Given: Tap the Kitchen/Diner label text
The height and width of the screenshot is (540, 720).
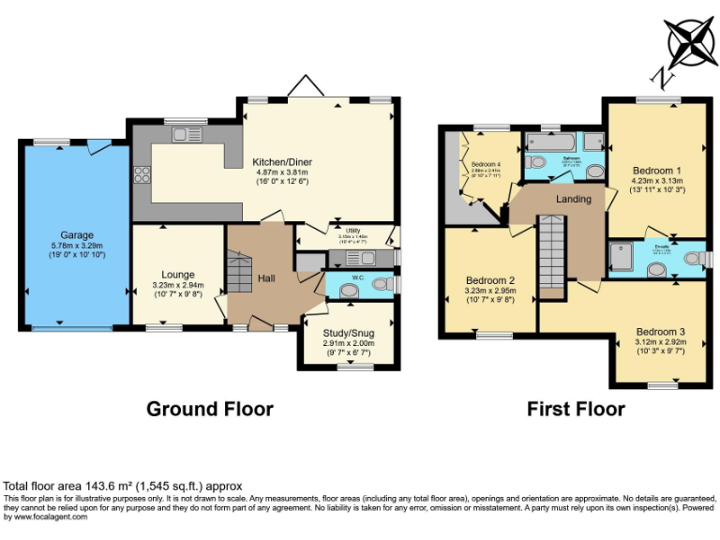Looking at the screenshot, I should (283, 162).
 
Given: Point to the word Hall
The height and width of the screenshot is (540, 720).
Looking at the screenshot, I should (265, 277).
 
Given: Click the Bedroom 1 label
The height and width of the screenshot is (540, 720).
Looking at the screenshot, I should (654, 171).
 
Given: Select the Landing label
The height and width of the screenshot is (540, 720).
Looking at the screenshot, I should (573, 199).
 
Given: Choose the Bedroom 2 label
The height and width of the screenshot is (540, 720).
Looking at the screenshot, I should (490, 280).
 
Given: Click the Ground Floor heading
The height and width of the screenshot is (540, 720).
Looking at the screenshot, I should (210, 409).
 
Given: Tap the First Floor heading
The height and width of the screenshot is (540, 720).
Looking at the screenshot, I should (576, 409).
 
